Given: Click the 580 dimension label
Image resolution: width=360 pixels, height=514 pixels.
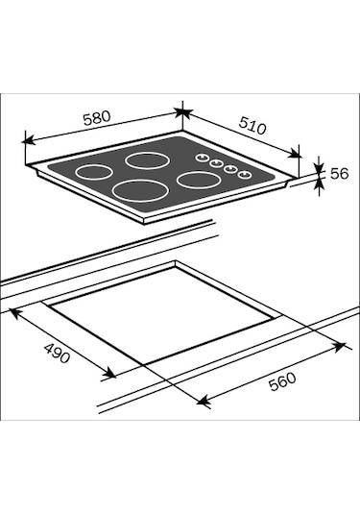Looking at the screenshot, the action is pos(97,118).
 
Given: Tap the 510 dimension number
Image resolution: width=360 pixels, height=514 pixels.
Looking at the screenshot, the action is pos(252,126).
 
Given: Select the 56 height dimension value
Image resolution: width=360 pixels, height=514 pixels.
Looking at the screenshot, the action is pos(340,173).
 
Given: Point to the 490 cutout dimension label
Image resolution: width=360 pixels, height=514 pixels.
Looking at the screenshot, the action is pos(57,353).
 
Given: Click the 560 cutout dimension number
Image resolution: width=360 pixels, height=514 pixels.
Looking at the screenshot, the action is pos(282,381).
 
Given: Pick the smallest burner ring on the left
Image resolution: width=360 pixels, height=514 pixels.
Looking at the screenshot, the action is pos(94,172).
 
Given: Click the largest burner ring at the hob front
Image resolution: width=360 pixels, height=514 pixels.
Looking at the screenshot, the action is pos(140,190).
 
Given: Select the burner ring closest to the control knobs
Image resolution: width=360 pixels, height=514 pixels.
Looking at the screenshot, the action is pos(198,180).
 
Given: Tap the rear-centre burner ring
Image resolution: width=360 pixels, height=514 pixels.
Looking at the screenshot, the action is pos(147,161).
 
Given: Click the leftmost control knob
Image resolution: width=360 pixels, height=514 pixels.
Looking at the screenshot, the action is pos(203,158).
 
